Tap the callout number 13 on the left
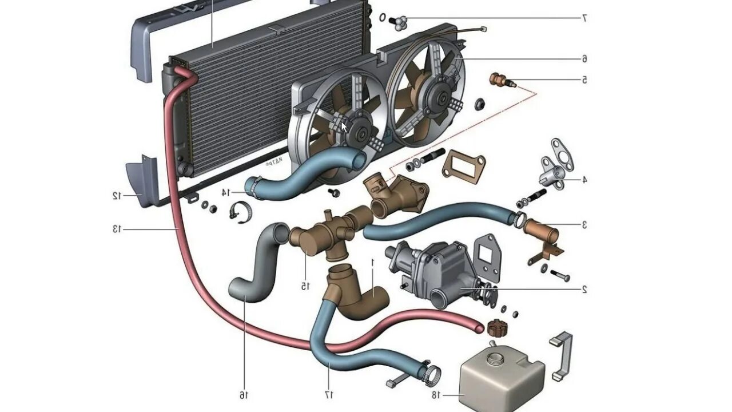[x=117, y=229]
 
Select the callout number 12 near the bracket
[x=117, y=196]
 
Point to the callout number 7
[x=584, y=18]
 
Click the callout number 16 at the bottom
[x=244, y=395]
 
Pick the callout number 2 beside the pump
[x=584, y=290]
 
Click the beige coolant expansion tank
[x=500, y=378]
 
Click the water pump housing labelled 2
[x=437, y=269]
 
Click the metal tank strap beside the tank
[x=561, y=355]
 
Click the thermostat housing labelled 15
[x=317, y=235]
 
